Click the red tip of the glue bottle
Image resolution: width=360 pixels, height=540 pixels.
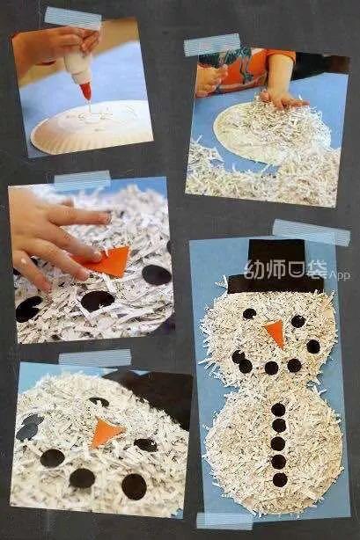(86, 92)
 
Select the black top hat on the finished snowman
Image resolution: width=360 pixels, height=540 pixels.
(276, 266)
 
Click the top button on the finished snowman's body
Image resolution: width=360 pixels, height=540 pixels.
(279, 410)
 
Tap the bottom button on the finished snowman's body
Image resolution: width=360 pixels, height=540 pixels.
(280, 479)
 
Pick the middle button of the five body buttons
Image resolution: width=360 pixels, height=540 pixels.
(278, 444)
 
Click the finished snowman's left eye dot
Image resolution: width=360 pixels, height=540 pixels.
(249, 313)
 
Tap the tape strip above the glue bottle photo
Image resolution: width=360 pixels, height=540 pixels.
(73, 18)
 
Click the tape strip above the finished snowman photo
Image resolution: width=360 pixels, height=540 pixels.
(312, 233)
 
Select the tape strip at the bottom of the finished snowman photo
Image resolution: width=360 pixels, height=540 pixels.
(224, 521)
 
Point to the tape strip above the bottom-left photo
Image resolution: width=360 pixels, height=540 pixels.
(95, 358)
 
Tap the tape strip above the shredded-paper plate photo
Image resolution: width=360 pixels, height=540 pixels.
(212, 45)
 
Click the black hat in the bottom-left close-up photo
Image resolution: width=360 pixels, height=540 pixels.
(155, 392)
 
